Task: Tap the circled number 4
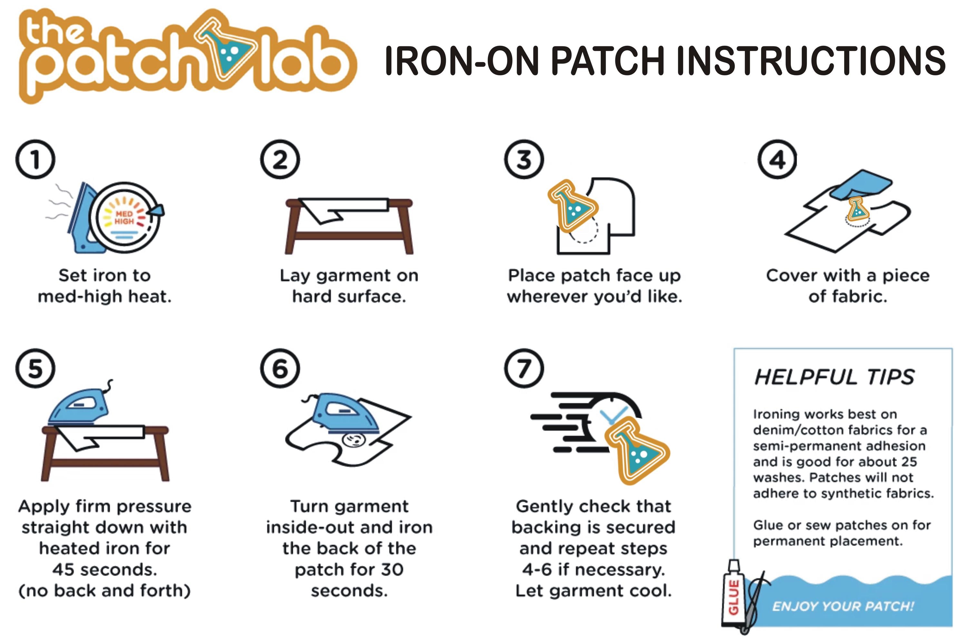tap(777, 159)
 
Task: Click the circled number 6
tap(280, 368)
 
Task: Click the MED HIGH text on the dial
tap(124, 217)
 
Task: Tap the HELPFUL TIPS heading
tap(834, 377)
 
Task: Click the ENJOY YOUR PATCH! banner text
tap(843, 606)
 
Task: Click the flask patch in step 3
tap(573, 205)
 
